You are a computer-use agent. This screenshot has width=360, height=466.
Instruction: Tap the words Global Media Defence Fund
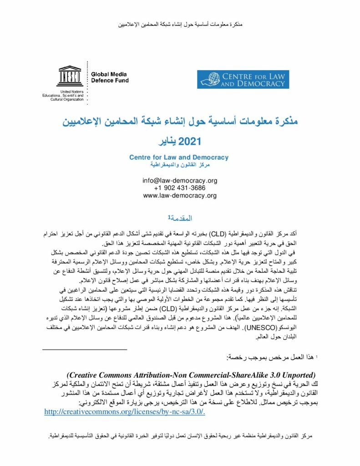tap(110, 77)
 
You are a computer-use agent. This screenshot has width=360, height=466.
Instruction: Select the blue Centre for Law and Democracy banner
tap(243, 79)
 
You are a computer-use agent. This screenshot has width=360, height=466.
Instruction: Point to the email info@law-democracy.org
tap(180, 180)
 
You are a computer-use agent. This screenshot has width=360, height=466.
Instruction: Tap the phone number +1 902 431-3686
tap(180, 188)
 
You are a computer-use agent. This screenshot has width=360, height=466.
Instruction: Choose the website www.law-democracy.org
tap(180, 196)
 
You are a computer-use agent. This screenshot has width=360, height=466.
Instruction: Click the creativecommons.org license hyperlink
tap(125, 411)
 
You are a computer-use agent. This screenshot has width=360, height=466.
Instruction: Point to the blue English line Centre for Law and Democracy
tap(179, 157)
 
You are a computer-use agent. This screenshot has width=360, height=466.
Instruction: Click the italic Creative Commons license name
tap(191, 375)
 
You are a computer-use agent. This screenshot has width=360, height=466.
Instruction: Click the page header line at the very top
tap(180, 23)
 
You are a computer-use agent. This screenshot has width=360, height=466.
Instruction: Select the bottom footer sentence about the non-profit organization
tap(180, 436)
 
